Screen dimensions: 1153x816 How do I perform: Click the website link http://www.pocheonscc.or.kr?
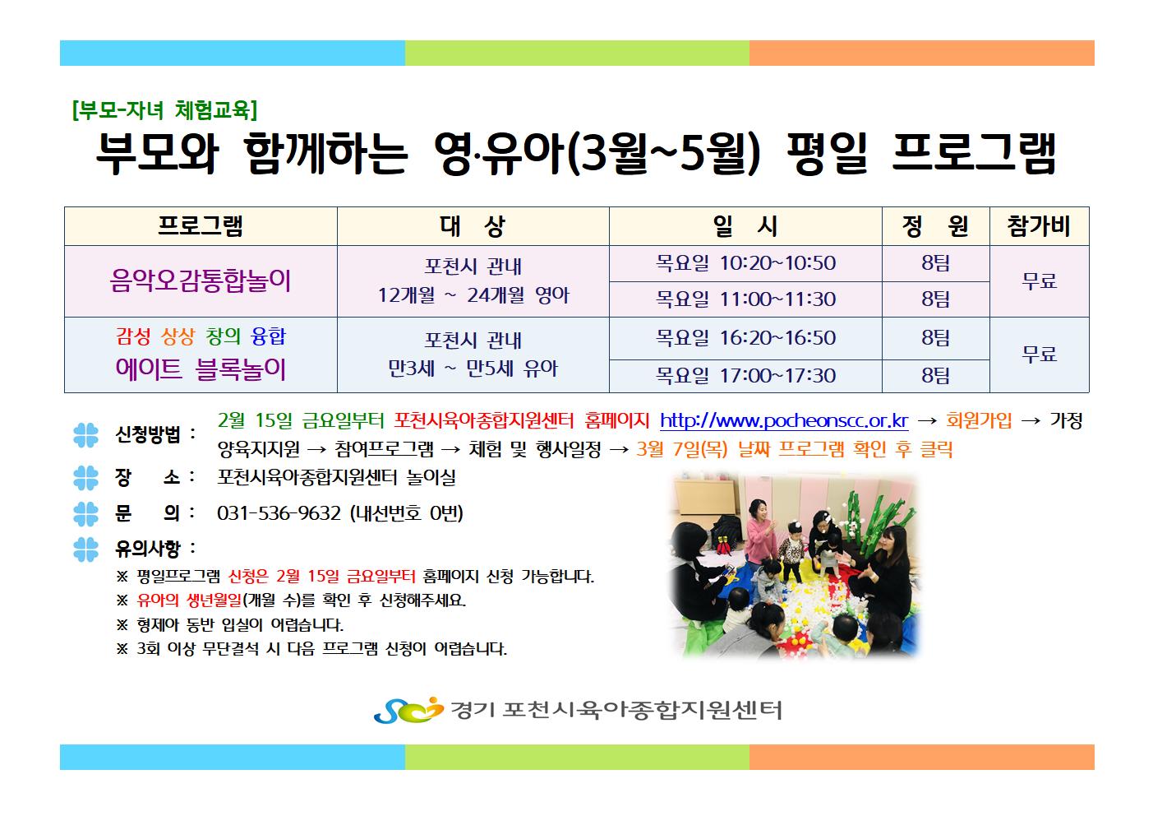pos(784,421)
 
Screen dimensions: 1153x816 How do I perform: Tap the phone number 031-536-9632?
pos(279,513)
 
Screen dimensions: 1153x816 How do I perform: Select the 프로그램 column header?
pos(201,226)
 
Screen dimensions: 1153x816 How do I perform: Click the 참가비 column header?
pos(1039,226)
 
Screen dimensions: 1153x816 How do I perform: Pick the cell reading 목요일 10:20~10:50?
pos(745,263)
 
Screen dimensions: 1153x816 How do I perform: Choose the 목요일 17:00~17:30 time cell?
pos(745,376)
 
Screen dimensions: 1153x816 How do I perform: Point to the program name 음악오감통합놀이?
pos(201,280)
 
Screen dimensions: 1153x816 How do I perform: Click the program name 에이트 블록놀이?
pos(201,369)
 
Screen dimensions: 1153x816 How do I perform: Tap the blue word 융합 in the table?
pos(268,336)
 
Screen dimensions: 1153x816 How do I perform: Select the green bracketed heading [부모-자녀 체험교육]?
pos(164,109)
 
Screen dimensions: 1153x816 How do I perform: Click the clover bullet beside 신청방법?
pos(85,435)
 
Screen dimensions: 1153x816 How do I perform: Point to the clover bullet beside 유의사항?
pos(85,549)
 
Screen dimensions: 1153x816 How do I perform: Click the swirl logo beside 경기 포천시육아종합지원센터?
pos(408,711)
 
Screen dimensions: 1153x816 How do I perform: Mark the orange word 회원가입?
pos(979,421)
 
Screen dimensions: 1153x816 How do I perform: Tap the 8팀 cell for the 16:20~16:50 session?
pos(935,338)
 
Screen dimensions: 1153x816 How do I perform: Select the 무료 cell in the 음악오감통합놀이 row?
pos(1039,281)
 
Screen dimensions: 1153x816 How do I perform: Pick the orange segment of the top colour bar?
pos(921,53)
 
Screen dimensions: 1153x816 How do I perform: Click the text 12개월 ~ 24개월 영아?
pos(473,295)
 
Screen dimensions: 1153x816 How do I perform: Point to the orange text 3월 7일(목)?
pos(681,450)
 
